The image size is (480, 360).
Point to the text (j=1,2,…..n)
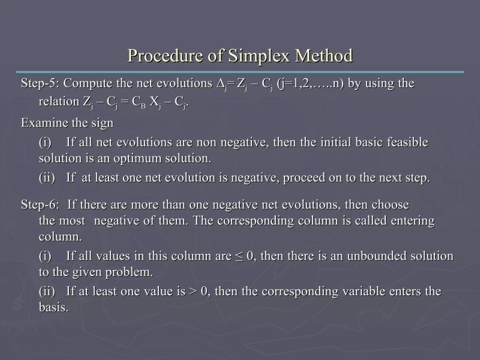(310, 83)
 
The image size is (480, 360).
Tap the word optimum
(140, 159)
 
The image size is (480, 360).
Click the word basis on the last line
(53, 308)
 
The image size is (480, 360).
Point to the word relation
(59, 102)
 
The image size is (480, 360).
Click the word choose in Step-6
(389, 205)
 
